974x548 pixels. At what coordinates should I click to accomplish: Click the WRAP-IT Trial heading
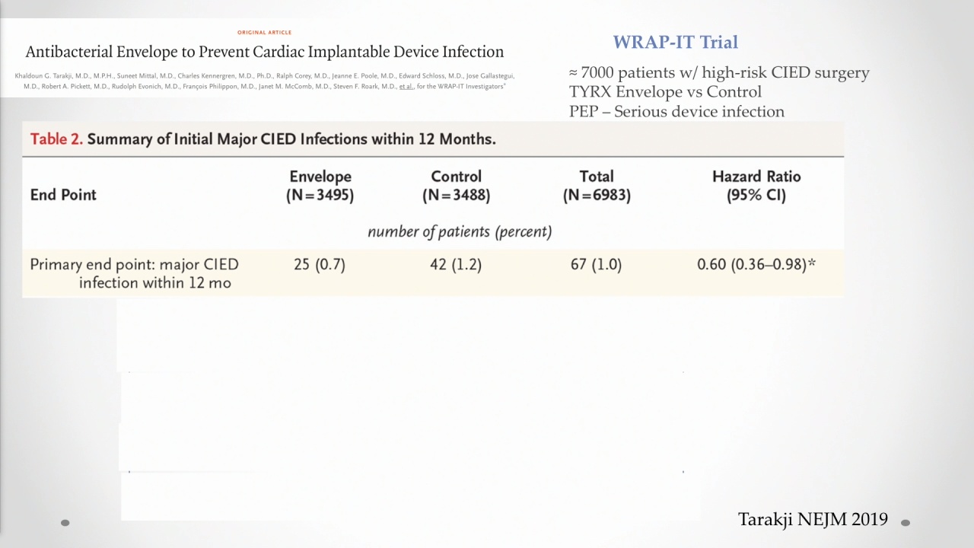coord(675,42)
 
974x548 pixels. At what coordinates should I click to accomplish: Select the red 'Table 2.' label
coord(56,139)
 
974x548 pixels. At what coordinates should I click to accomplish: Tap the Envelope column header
coord(320,186)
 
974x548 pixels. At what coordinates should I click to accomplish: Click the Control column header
coord(456,186)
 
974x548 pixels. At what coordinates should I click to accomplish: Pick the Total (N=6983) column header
coord(597,186)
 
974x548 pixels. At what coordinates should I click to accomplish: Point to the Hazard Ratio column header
coord(756,186)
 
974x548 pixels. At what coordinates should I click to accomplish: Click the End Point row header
coord(63,195)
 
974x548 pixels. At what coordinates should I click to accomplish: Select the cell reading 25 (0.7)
coord(320,264)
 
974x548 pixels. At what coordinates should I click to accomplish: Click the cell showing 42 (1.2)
coord(456,264)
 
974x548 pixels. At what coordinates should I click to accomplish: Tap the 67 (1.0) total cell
coord(596,264)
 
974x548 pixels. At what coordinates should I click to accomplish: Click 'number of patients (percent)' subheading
coord(460,232)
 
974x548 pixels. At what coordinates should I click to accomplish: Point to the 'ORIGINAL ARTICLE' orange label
coord(264,32)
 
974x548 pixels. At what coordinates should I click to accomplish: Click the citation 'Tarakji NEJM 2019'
coord(813,519)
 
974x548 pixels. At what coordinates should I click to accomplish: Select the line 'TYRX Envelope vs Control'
coord(665,92)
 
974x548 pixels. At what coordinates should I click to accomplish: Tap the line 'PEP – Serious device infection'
coord(676,112)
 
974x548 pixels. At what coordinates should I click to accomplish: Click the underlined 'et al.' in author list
coord(406,87)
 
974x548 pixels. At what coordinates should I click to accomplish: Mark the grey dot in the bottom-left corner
coord(65,523)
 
